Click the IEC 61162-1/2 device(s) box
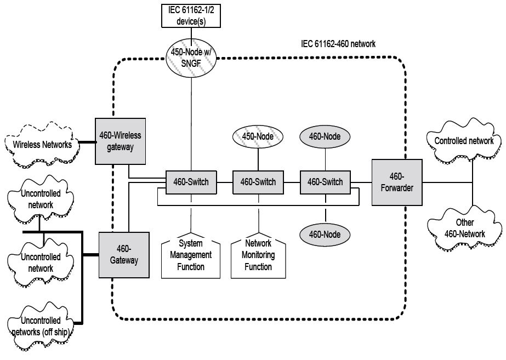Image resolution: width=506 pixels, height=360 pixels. coord(191,15)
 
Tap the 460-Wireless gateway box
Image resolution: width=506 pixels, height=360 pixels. coord(120,141)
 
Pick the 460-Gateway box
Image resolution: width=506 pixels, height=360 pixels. coord(124,255)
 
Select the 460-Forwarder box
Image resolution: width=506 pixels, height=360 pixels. coord(396,182)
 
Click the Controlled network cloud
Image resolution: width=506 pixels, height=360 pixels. coord(464,141)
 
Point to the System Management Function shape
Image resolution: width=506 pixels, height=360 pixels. coord(191,255)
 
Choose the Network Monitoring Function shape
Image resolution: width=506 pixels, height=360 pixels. coord(258,255)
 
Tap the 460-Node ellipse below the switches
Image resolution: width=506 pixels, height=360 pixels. coord(325,235)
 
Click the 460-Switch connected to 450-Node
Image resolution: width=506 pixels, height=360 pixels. coord(258,182)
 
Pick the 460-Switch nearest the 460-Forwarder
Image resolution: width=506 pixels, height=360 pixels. coord(325,182)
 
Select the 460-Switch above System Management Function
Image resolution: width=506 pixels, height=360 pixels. coord(191,182)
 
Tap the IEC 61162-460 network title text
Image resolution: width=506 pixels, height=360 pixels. coord(338,44)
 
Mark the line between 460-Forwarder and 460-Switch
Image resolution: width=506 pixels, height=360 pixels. coord(361,182)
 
